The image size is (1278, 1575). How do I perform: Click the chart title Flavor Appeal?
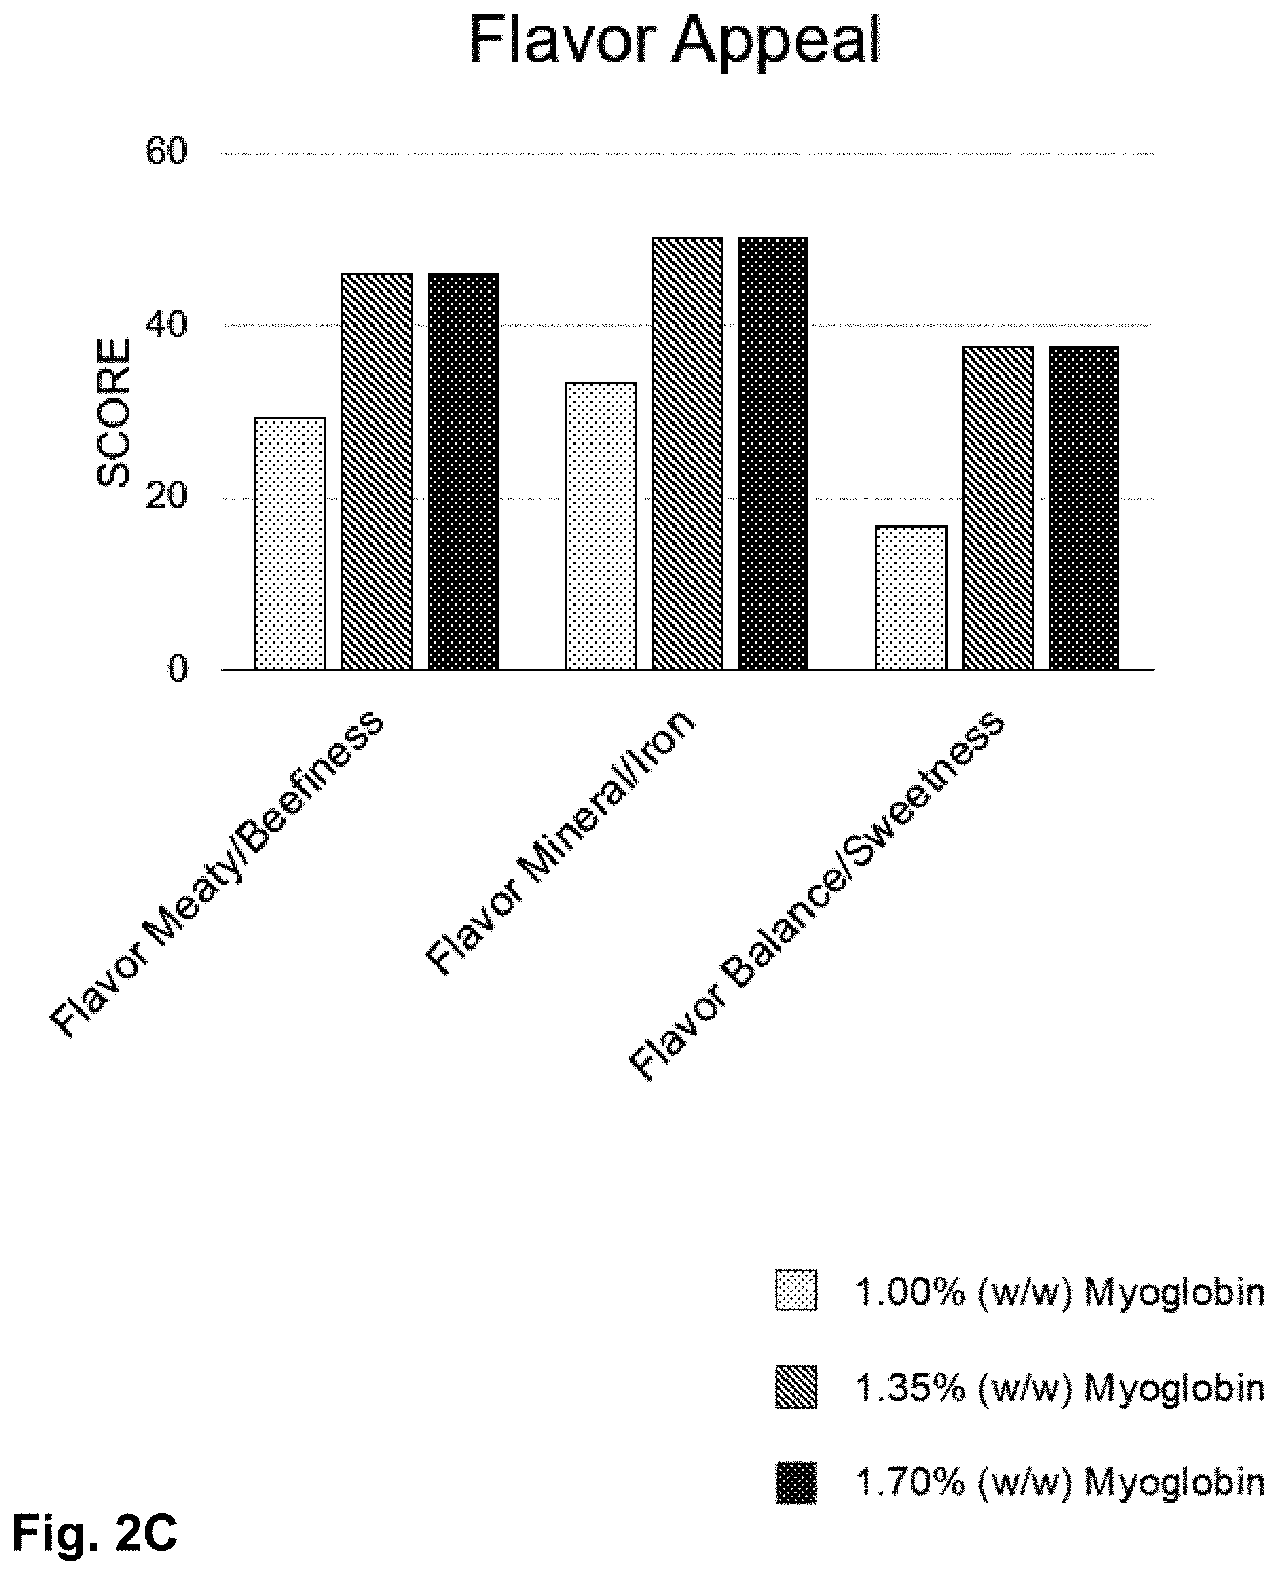coord(675,41)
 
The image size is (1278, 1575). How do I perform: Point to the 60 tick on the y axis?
coord(166,152)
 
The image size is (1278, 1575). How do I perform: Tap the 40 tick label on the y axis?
coord(166,325)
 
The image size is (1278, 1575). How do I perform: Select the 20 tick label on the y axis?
coord(166,497)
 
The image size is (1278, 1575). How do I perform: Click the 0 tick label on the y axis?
coord(178,669)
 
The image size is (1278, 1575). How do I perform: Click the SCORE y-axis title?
coord(114,412)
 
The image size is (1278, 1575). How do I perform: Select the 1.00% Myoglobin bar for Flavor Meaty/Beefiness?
coord(290,544)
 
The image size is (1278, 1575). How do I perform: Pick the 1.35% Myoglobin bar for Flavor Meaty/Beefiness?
coord(377,472)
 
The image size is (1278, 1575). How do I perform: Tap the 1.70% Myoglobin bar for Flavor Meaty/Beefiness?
coord(463,472)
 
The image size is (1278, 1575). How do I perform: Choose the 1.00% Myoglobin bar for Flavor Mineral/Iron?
coord(601,526)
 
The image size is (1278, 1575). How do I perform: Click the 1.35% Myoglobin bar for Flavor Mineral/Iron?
coord(687,453)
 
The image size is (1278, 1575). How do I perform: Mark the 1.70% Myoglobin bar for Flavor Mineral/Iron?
coord(774,453)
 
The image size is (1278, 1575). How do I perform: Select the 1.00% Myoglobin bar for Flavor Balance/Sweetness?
coord(911,597)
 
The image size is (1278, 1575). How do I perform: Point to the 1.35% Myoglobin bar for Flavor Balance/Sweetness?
coord(999,508)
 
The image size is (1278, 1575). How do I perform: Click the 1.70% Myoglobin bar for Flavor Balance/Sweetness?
coord(1085,508)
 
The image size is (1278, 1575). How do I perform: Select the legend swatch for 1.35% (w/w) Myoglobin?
coord(796,1387)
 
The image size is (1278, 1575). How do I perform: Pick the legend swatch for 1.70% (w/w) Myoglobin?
coord(796,1482)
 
